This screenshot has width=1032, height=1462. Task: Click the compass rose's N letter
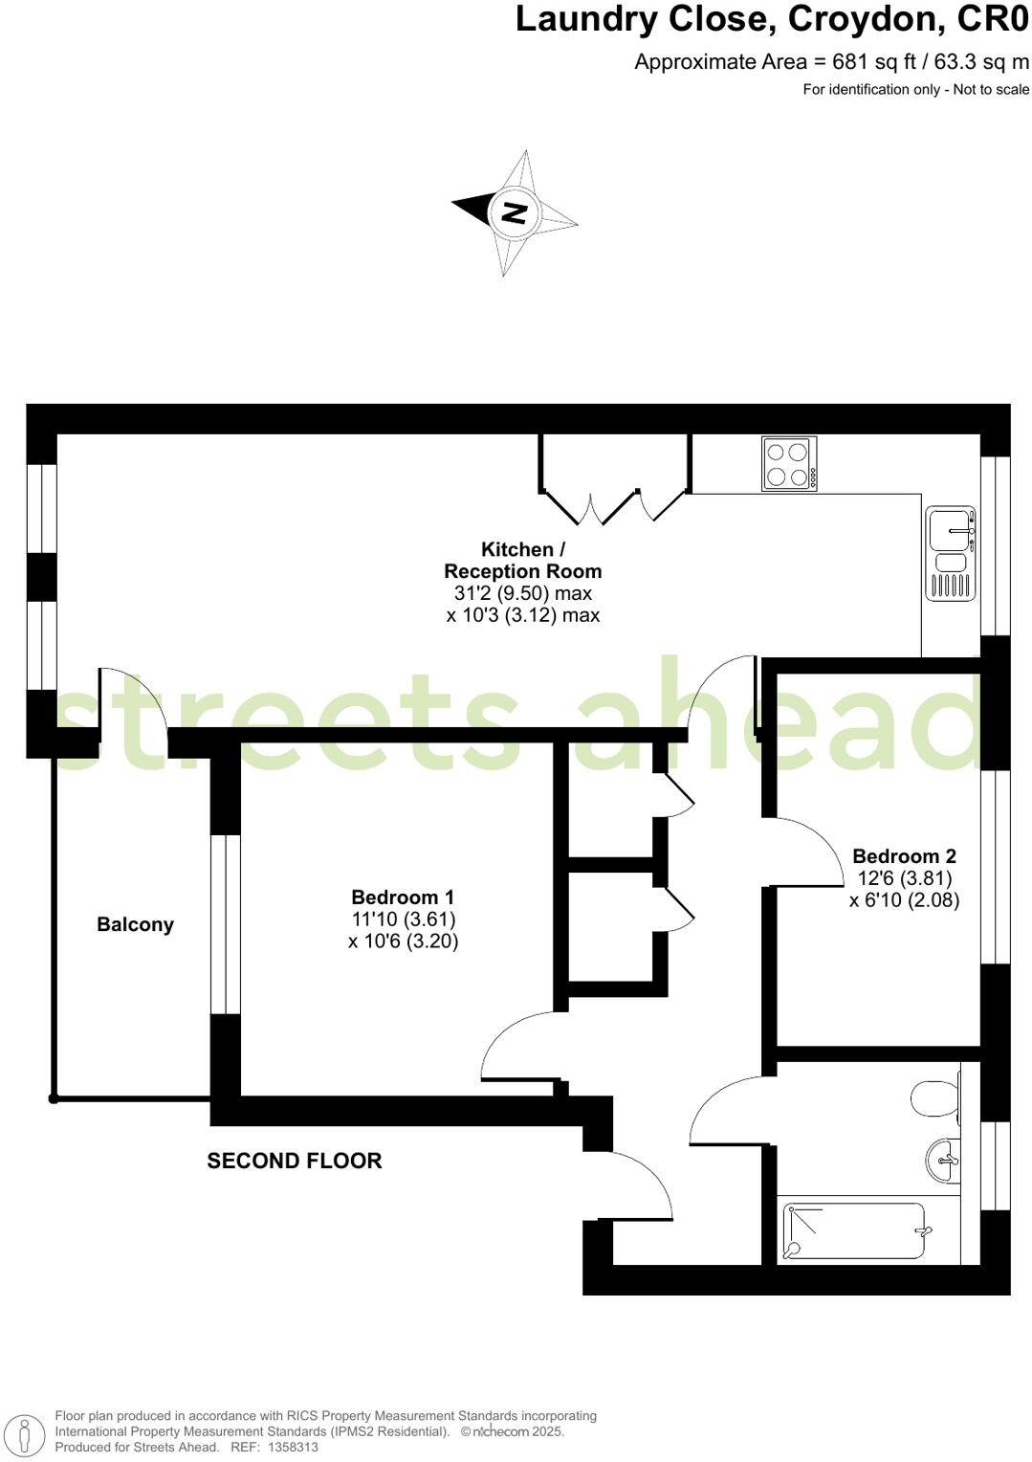[x=515, y=212]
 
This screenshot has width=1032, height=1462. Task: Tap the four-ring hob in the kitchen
[x=790, y=464]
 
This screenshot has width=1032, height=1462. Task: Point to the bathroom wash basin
[x=943, y=1160]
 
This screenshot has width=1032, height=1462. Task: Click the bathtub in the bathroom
[x=854, y=1231]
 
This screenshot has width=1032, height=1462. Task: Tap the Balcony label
[x=135, y=924]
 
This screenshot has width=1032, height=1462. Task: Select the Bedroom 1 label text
[x=403, y=897]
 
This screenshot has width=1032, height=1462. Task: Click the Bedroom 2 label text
[x=904, y=855]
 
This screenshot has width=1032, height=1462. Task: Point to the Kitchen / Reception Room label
[x=523, y=561]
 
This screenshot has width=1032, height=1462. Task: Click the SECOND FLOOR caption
[x=295, y=1161]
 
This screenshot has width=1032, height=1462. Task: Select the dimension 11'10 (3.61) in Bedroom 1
[x=403, y=919]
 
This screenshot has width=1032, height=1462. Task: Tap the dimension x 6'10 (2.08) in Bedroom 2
[x=904, y=899]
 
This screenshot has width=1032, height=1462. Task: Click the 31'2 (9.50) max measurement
[x=523, y=593]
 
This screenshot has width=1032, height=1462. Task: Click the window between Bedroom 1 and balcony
[x=226, y=924]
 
